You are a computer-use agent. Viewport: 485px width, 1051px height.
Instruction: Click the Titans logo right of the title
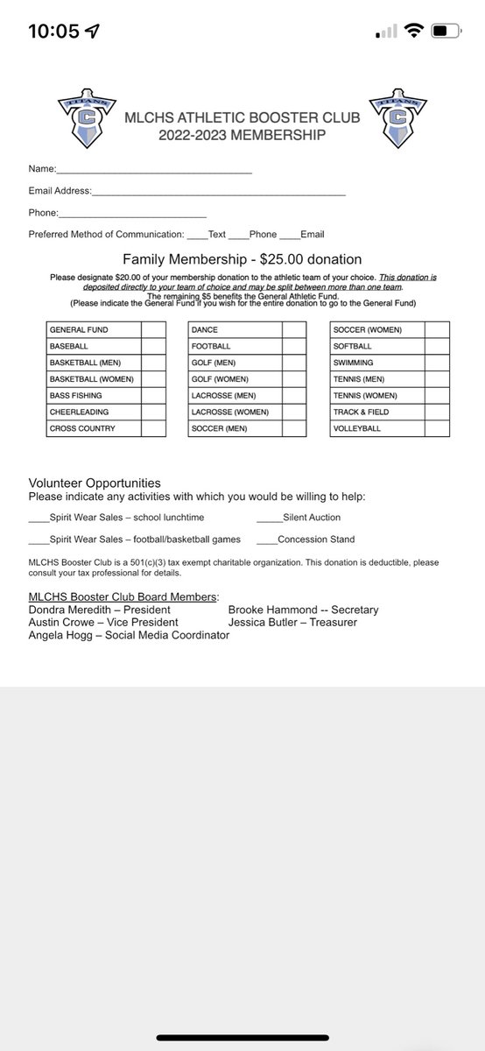(x=398, y=119)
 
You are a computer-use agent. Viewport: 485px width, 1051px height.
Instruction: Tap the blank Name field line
(x=154, y=169)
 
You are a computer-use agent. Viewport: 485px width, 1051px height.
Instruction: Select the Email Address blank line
(x=219, y=191)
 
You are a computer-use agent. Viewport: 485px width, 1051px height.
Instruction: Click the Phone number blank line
(x=132, y=213)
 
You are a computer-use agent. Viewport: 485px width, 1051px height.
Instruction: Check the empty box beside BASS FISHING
(x=153, y=396)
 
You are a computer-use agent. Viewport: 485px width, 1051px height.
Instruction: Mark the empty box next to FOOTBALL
(x=294, y=346)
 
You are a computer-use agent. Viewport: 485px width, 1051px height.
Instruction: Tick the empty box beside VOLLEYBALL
(x=437, y=429)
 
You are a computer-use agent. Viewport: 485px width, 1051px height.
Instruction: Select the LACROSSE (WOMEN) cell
(x=235, y=413)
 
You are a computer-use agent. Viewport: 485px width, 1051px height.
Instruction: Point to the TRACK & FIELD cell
(x=376, y=413)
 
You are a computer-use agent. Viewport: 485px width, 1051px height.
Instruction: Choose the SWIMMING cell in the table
(x=376, y=363)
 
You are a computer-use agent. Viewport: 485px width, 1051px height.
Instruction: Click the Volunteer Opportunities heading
(x=95, y=483)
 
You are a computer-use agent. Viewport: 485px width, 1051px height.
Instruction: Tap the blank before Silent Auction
(x=269, y=518)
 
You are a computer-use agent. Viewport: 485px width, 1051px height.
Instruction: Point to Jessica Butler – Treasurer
(x=292, y=622)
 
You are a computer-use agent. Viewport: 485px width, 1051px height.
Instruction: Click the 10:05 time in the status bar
(x=54, y=32)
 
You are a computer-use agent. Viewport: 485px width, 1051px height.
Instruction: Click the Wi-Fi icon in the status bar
(x=413, y=32)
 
